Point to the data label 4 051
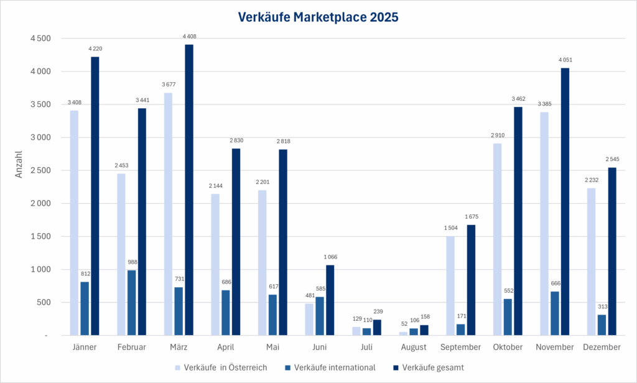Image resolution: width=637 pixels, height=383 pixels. click(565, 60)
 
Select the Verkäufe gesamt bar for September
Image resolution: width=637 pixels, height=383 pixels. click(471, 280)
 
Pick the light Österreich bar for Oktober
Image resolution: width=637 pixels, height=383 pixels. click(497, 239)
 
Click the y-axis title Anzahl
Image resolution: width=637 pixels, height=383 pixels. click(19, 164)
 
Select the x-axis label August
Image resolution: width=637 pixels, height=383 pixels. click(414, 348)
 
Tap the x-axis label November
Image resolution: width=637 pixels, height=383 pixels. click(554, 348)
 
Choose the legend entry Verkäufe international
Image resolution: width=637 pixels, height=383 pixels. click(335, 367)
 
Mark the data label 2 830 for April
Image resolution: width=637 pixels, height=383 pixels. click(236, 141)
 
